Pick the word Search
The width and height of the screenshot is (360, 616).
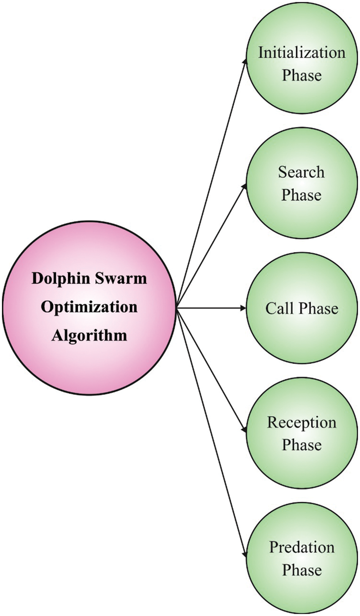tap(301, 172)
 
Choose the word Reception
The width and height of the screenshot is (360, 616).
tap(302, 423)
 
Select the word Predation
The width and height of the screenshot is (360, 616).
tap(302, 547)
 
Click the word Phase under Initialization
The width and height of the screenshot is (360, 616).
tap(301, 75)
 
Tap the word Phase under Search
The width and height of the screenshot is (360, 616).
tap(301, 195)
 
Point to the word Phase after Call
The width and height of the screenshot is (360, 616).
tap(319, 308)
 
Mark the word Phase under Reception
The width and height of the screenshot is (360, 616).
tap(301, 446)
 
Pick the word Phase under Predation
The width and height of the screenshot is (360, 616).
tap(301, 570)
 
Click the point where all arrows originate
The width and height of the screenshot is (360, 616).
tap(177, 308)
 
